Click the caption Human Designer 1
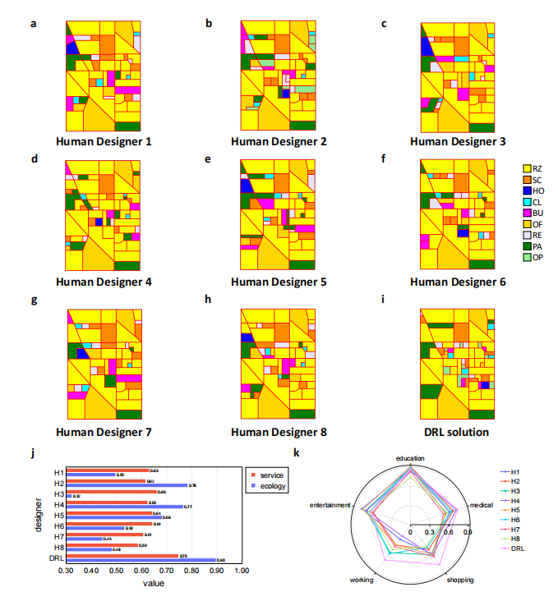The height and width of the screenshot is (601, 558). [x=104, y=141]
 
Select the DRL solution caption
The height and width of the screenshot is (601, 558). [x=457, y=432]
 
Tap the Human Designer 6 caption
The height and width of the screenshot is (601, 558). [x=457, y=282]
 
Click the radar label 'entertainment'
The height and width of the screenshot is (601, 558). [x=330, y=505]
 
